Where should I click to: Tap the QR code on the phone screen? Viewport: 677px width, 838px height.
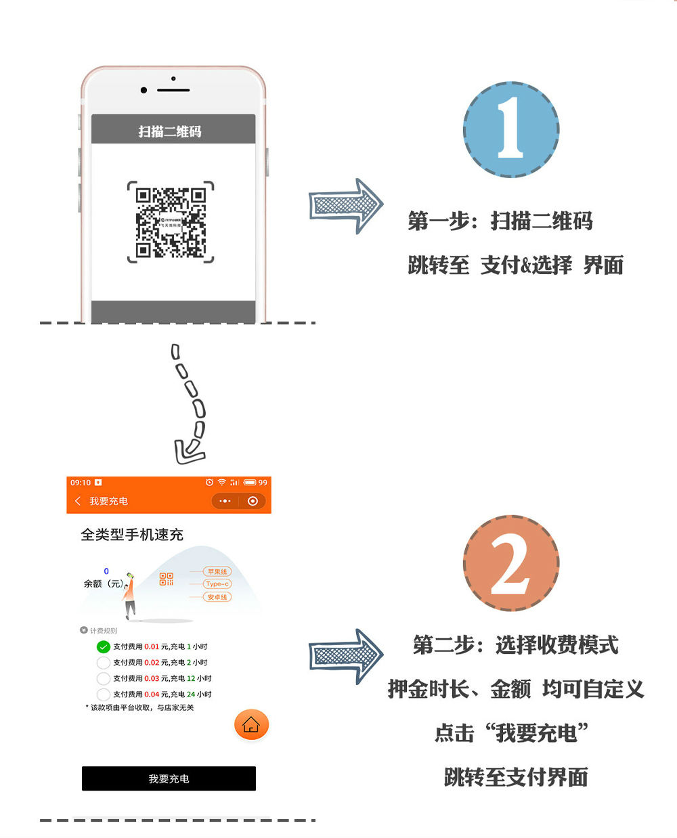pos(170,222)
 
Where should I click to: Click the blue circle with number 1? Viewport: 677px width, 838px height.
pos(511,129)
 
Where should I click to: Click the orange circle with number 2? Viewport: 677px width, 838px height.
pos(511,563)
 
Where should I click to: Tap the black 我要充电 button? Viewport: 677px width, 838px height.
pos(169,778)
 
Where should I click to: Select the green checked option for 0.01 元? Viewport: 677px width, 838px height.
pos(104,646)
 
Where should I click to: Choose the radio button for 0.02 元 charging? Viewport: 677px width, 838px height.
pos(104,663)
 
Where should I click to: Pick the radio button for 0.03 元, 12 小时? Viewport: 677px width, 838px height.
pos(104,678)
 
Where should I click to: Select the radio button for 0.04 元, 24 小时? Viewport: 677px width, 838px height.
pos(104,694)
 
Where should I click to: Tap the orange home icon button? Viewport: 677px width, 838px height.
pos(251,724)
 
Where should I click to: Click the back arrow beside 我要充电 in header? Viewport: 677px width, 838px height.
pos(78,501)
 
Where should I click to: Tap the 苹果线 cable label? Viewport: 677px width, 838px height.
pos(217,572)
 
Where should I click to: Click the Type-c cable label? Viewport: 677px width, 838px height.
pos(217,583)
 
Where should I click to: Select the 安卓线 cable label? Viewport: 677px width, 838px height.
pos(217,597)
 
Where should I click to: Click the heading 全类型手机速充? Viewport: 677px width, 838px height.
pos(132,535)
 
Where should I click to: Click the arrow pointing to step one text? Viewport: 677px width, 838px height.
pos(346,206)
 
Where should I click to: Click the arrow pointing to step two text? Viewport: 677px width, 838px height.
pos(346,655)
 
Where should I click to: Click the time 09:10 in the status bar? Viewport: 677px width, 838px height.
pos(81,483)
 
